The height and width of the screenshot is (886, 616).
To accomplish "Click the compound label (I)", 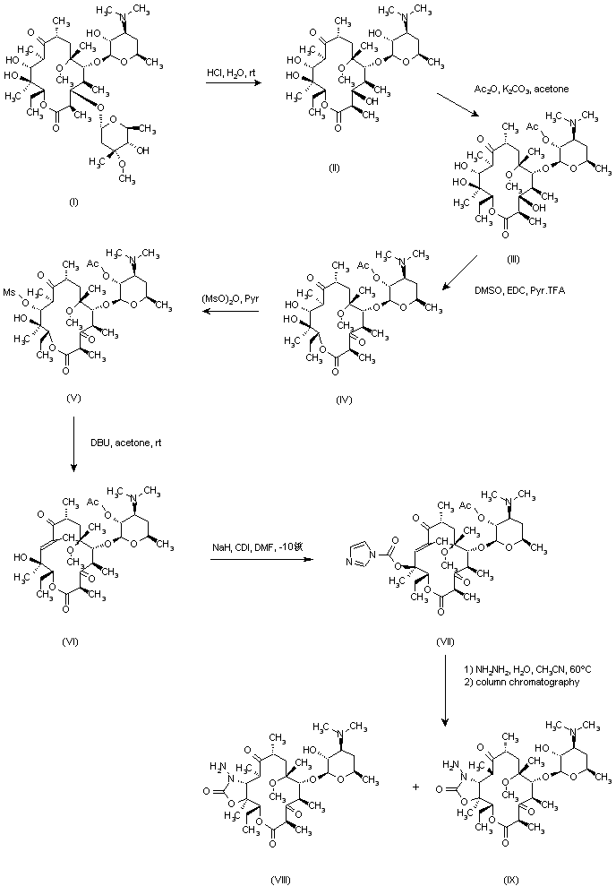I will [73, 202].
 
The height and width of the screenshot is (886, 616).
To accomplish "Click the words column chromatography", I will [519, 683].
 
